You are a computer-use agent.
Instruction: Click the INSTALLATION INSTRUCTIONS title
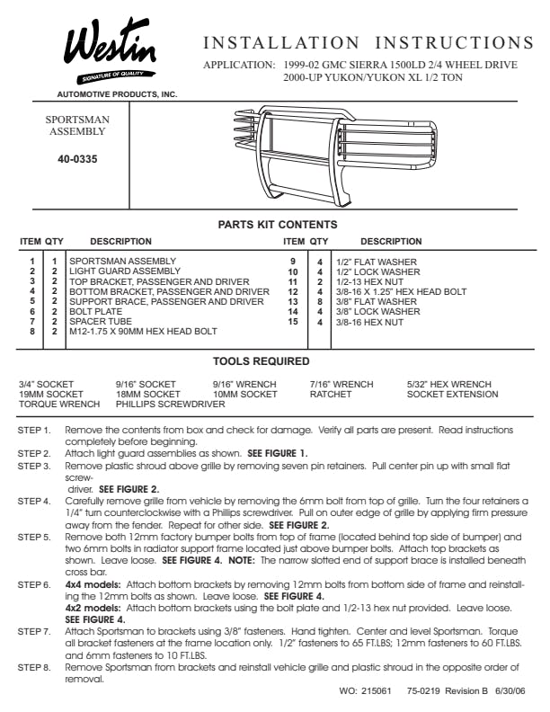368,43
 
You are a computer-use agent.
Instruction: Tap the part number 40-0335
77,158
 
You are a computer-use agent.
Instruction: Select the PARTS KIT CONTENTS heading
278,225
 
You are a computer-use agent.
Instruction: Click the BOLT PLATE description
95,311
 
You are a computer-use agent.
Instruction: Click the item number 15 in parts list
292,321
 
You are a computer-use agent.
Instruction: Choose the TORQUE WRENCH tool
59,404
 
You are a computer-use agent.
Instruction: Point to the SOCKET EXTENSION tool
452,394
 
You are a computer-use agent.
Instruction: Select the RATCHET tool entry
330,394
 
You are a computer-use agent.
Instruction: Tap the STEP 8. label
34,669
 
